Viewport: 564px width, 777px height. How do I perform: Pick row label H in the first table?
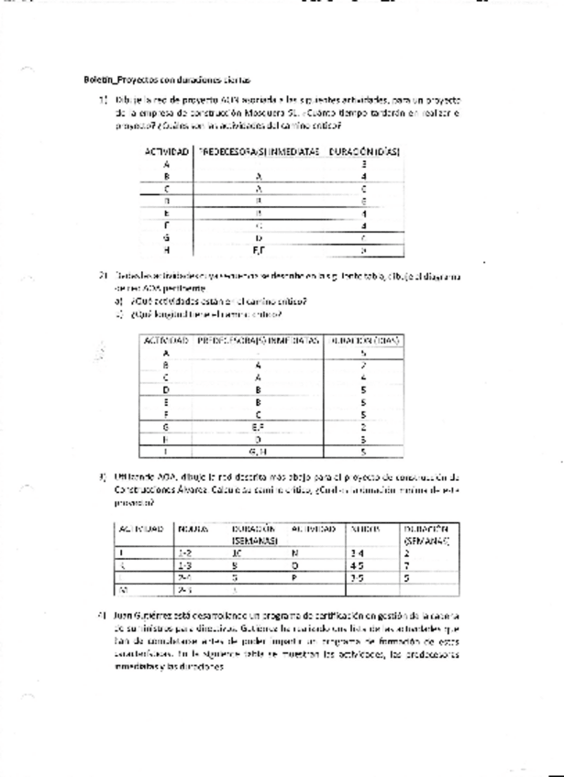(166, 249)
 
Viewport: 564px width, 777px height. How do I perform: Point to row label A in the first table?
(166, 163)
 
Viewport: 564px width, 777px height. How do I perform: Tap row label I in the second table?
(166, 452)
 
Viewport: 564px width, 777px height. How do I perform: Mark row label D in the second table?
(166, 388)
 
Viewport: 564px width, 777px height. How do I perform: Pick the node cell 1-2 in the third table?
(186, 553)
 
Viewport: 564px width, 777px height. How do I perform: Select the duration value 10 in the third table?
(237, 553)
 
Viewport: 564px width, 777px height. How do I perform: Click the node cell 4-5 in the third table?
(357, 566)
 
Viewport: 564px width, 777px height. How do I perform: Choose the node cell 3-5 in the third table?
(357, 579)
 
